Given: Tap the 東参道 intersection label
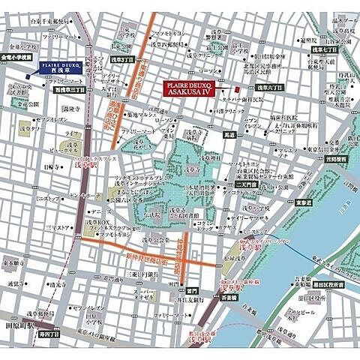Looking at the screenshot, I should pos(303,202).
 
